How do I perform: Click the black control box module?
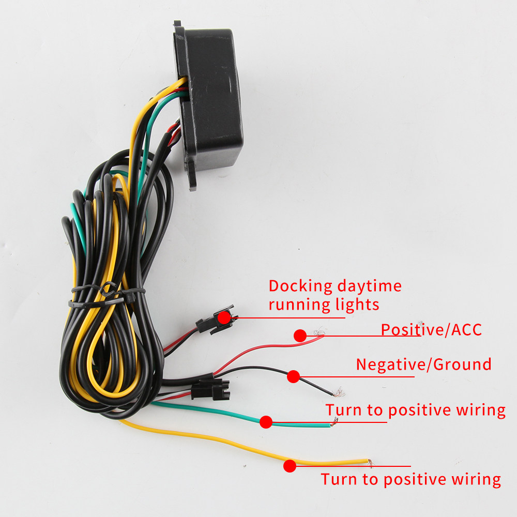pos(209,99)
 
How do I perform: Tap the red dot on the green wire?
pos(266,422)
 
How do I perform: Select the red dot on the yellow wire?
pos(290,466)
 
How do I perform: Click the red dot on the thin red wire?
pos(300,336)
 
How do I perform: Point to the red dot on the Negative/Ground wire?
pos(293,376)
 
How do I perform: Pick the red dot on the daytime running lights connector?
pos(224,317)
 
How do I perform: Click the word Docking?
pos(300,286)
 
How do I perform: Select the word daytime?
pos(370,286)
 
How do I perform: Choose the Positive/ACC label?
pos(431,330)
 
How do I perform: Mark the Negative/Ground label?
pos(424,364)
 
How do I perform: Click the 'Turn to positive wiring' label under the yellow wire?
pos(411,479)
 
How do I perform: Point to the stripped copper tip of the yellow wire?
pos(371,463)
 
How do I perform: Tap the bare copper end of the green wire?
pos(334,422)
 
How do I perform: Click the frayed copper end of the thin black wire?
pos(339,392)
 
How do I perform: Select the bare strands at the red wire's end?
pos(319,331)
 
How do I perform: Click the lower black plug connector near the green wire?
pos(210,389)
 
